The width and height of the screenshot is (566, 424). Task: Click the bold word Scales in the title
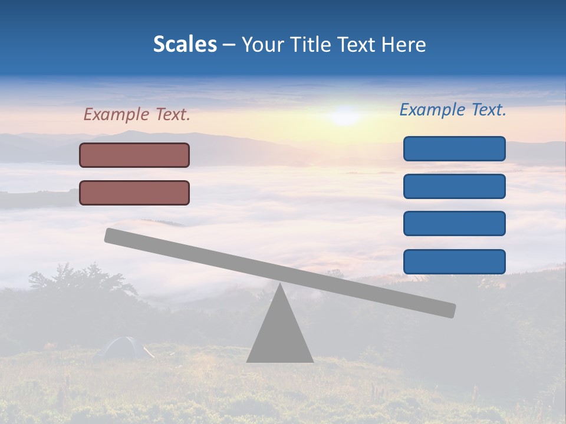(x=185, y=44)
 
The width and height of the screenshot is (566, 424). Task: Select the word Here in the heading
(x=403, y=44)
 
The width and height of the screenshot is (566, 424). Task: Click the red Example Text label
(x=137, y=114)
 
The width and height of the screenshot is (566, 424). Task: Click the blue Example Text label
(x=453, y=110)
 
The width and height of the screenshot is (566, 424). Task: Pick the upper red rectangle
(x=134, y=155)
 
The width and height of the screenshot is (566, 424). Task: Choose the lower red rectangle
(x=134, y=193)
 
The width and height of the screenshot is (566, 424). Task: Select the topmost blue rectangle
(x=454, y=148)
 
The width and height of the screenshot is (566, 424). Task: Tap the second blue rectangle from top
(x=454, y=186)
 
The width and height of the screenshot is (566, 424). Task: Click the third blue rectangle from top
(x=454, y=224)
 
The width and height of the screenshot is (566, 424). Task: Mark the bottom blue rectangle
(x=454, y=261)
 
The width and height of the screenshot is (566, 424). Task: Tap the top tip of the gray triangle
(x=279, y=285)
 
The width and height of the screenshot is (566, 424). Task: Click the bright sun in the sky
(x=344, y=115)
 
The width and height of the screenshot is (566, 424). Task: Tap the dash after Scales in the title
(x=229, y=45)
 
